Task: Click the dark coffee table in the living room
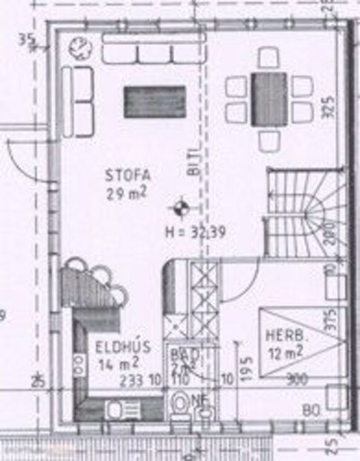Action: [x=154, y=102]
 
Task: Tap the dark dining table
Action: [x=269, y=98]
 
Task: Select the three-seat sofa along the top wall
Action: [x=153, y=51]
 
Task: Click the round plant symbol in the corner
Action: [x=79, y=49]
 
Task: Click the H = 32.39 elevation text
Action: [x=195, y=231]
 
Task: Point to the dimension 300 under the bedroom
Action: [x=297, y=379]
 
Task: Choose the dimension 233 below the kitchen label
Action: [x=131, y=379]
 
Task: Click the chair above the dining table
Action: [x=269, y=57]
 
